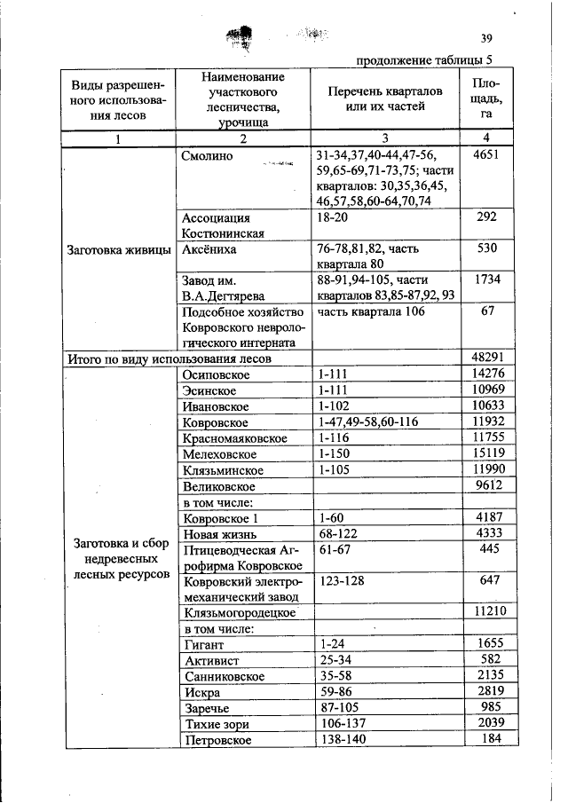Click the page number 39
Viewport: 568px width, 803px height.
pos(485,38)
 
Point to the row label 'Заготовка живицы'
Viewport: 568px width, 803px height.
pos(119,249)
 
